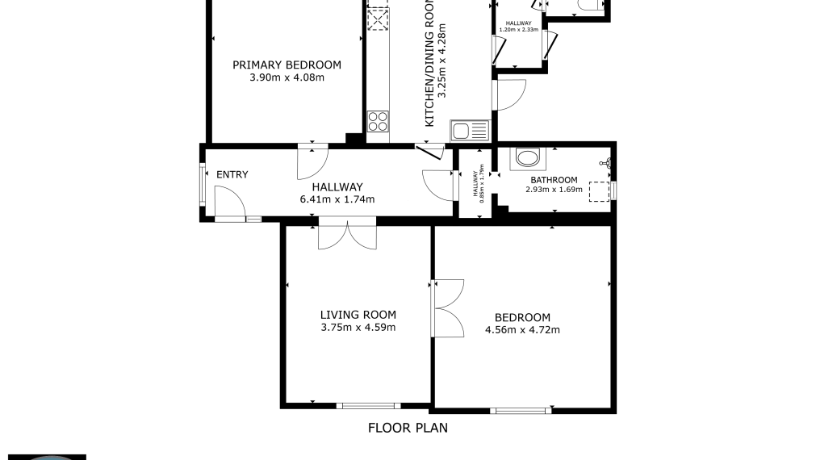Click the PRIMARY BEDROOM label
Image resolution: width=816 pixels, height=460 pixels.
(x=287, y=65)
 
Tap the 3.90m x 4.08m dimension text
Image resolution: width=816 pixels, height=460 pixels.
(x=287, y=77)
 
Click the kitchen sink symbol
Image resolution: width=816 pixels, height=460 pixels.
(x=470, y=131)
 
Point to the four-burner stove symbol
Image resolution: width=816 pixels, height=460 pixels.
(x=378, y=121)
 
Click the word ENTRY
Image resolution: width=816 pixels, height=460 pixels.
(x=232, y=175)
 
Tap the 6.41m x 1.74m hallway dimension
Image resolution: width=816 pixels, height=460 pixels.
(x=337, y=199)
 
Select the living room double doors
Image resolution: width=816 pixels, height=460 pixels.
(x=347, y=234)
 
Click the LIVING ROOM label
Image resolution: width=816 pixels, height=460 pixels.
(x=358, y=315)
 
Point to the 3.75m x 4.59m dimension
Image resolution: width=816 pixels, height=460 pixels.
(x=358, y=328)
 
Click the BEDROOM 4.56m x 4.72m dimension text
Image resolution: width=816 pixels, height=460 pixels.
(x=522, y=330)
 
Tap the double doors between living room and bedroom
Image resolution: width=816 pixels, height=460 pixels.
(x=448, y=308)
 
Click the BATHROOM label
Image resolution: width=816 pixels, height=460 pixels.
(x=554, y=180)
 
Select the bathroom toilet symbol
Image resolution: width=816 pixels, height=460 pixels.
(x=528, y=159)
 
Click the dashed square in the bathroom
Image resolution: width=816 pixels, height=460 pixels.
(x=599, y=191)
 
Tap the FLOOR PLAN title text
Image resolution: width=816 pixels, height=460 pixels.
(x=408, y=428)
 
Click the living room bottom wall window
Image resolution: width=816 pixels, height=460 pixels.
(x=368, y=405)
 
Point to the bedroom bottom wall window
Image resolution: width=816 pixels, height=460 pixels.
(x=521, y=411)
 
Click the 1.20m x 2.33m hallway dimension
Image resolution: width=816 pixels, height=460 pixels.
(x=519, y=30)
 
